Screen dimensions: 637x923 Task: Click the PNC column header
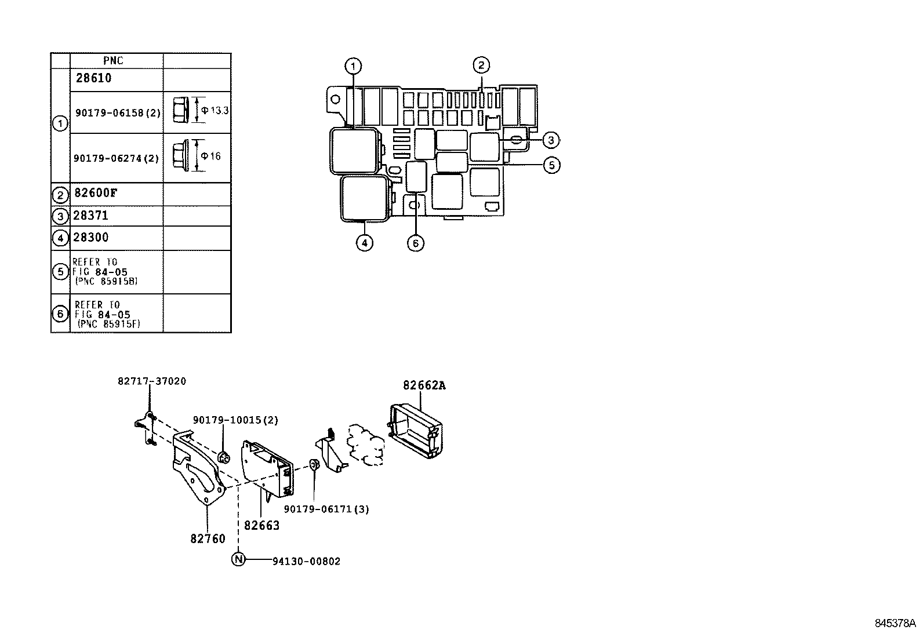pos(113,61)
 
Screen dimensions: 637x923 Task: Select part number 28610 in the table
pos(93,78)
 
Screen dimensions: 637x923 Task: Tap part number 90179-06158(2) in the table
pos(117,112)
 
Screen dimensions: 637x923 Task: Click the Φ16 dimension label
pos(211,156)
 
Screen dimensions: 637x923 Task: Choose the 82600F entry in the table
pos(96,193)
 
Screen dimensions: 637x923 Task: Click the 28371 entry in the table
pos(90,216)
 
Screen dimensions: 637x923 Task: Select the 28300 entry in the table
pos(90,237)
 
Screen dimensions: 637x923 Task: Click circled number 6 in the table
pos(60,314)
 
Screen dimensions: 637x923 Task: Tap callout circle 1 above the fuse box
pos(353,67)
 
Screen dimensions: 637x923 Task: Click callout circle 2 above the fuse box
pos(481,65)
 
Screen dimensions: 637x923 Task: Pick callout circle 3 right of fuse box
pos(551,140)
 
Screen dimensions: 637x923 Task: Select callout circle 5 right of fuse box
pos(551,165)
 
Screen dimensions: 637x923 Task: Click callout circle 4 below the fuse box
pos(364,243)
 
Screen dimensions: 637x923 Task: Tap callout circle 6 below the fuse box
pos(416,243)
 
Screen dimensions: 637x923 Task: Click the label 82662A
pos(424,385)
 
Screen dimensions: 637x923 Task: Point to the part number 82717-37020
pos(152,381)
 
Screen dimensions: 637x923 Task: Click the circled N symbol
pos(238,559)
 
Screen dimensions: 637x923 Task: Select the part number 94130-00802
pos(307,561)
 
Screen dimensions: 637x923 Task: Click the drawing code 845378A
pos(895,624)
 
